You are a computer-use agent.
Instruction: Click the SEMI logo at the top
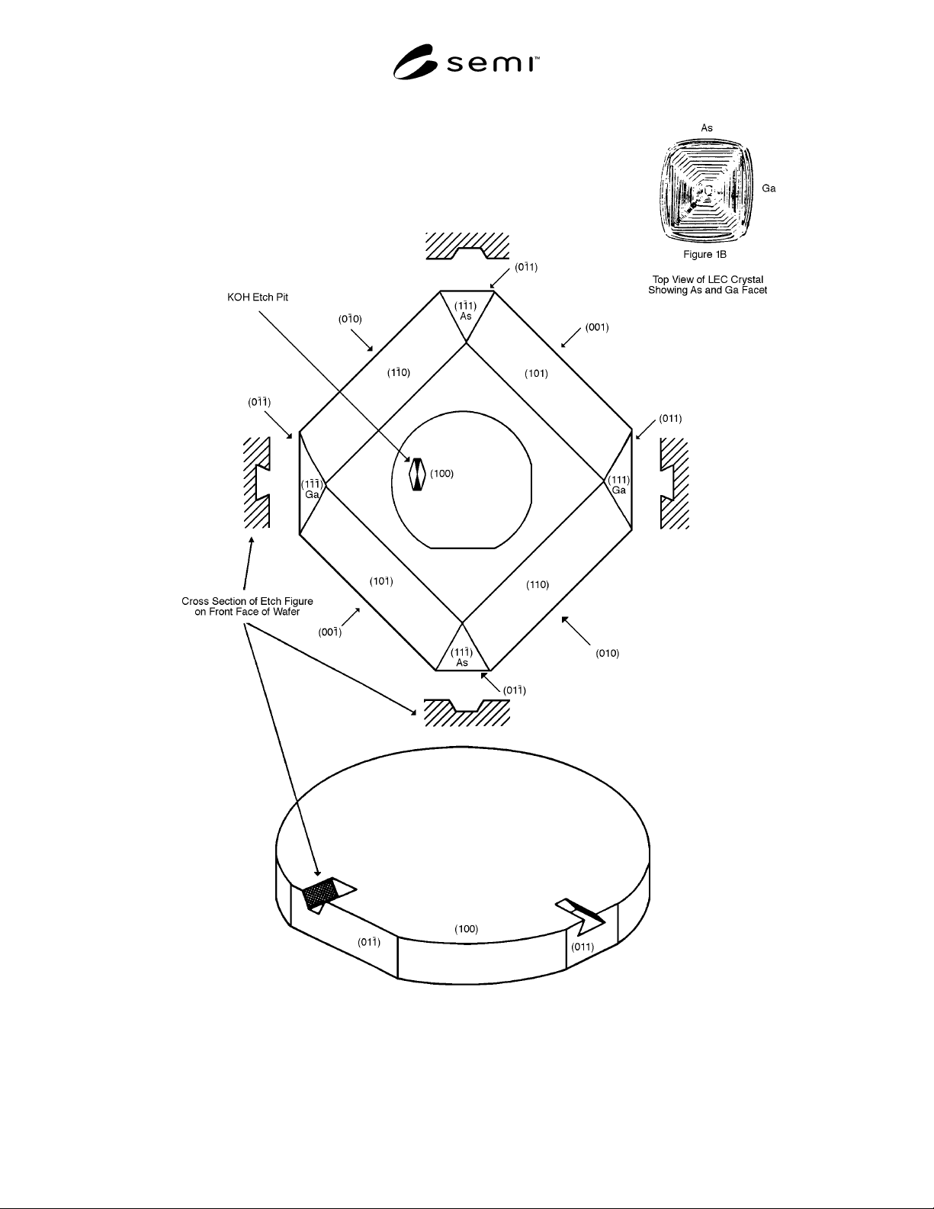tap(466, 62)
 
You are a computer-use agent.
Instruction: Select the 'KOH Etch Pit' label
tap(258, 297)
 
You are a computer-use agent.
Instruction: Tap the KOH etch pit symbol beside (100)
tap(417, 474)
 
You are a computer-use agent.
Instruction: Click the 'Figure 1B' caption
tap(705, 254)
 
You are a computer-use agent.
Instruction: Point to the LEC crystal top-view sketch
tap(707, 189)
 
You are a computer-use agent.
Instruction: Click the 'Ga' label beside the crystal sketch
tap(769, 188)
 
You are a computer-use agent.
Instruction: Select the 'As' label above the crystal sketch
tap(707, 128)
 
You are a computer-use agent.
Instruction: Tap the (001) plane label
tap(597, 327)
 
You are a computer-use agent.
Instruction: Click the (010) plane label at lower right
tap(607, 653)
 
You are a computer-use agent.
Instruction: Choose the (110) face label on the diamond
tap(538, 585)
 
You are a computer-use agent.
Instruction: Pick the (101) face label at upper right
tap(537, 373)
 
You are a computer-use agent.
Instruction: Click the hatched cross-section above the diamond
tap(467, 246)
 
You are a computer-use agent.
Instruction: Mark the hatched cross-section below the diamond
tap(467, 712)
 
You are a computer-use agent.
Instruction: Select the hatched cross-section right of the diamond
tap(674, 483)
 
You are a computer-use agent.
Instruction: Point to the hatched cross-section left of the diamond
tap(257, 482)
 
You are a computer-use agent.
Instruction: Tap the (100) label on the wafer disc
tap(467, 928)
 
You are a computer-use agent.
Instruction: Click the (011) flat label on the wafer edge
tap(582, 947)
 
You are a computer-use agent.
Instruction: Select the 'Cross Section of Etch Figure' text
tap(247, 601)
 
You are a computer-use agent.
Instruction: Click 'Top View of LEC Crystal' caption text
tap(708, 279)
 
